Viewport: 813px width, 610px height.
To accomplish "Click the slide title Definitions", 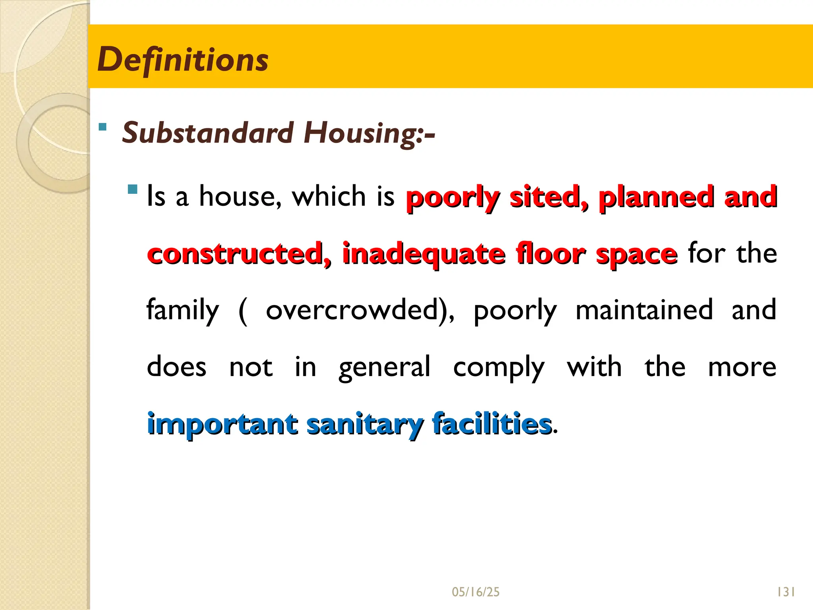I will [x=183, y=60].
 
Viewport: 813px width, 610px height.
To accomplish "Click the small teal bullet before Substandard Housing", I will [x=103, y=127].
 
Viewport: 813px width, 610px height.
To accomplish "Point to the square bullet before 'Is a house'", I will [x=133, y=189].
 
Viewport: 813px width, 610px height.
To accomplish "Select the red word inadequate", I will [x=424, y=254].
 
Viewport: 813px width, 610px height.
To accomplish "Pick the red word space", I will [x=636, y=254].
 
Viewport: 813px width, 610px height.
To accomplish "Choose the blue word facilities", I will [x=492, y=424].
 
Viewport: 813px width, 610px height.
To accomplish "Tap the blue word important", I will [x=222, y=424].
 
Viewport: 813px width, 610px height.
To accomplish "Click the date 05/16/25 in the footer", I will [x=476, y=592].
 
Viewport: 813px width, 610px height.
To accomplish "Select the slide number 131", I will [x=786, y=592].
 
